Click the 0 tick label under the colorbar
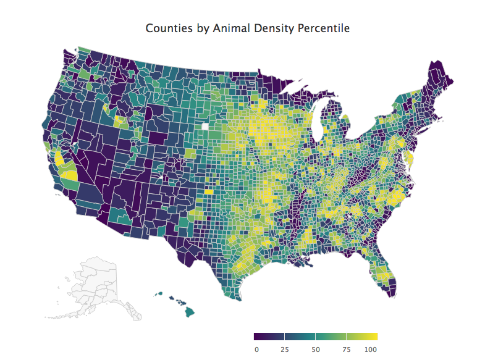coord(256,349)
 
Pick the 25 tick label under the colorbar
coord(285,349)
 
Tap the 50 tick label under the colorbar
coord(316,349)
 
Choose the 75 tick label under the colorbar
coord(347,349)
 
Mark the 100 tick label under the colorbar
coord(371,349)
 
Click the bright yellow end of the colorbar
coord(373,337)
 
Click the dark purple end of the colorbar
coord(258,337)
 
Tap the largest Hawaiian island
coord(189,312)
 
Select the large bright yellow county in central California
coord(70,174)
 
